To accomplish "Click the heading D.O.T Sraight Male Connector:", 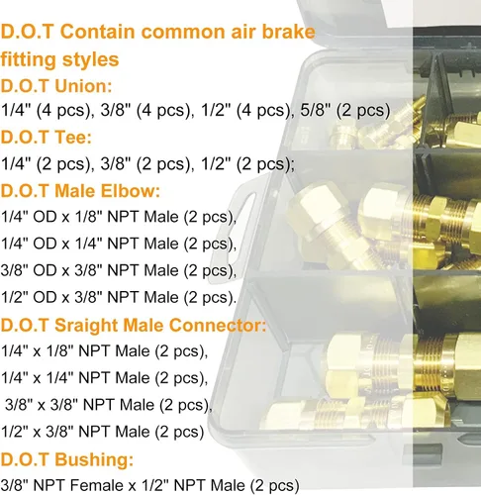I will (133, 324).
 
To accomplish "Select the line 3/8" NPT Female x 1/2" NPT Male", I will (149, 484).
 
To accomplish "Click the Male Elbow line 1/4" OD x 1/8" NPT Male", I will (119, 217).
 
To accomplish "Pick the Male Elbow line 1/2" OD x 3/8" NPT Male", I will (119, 297).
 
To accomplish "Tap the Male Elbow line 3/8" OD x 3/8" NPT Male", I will (119, 270).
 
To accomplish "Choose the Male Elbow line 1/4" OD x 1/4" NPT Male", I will (119, 244).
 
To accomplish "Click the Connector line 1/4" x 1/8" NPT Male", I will (105, 350).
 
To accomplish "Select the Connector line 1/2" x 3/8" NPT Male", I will (105, 431).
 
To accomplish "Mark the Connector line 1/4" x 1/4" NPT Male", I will (105, 377).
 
